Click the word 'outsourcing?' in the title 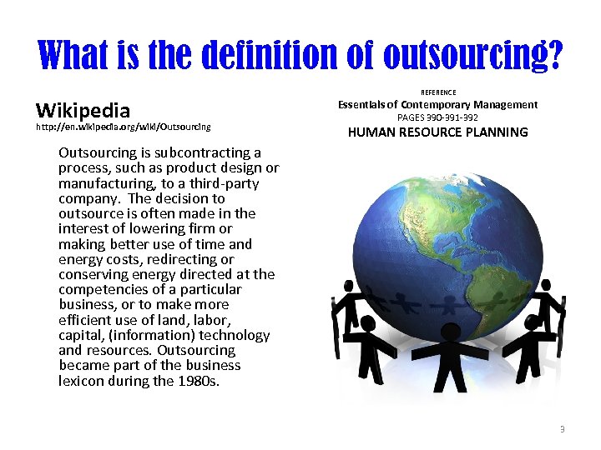pyautogui.click(x=472, y=55)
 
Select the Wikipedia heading pyautogui.click(x=83, y=110)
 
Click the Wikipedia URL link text pyautogui.click(x=123, y=127)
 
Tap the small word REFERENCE pyautogui.click(x=438, y=92)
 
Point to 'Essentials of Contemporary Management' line pyautogui.click(x=437, y=104)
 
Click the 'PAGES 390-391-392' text pyautogui.click(x=437, y=117)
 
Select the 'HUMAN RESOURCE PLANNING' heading pyautogui.click(x=437, y=132)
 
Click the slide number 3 pyautogui.click(x=562, y=429)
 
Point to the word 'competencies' pyautogui.click(x=104, y=289)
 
